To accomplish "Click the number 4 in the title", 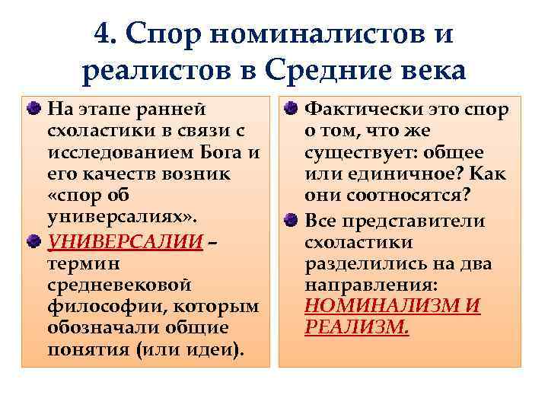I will (105, 33).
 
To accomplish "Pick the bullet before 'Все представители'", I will (293, 221).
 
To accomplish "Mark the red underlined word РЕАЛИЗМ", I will (355, 328).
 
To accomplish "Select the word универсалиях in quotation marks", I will (122, 215).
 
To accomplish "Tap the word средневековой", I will (119, 285).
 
